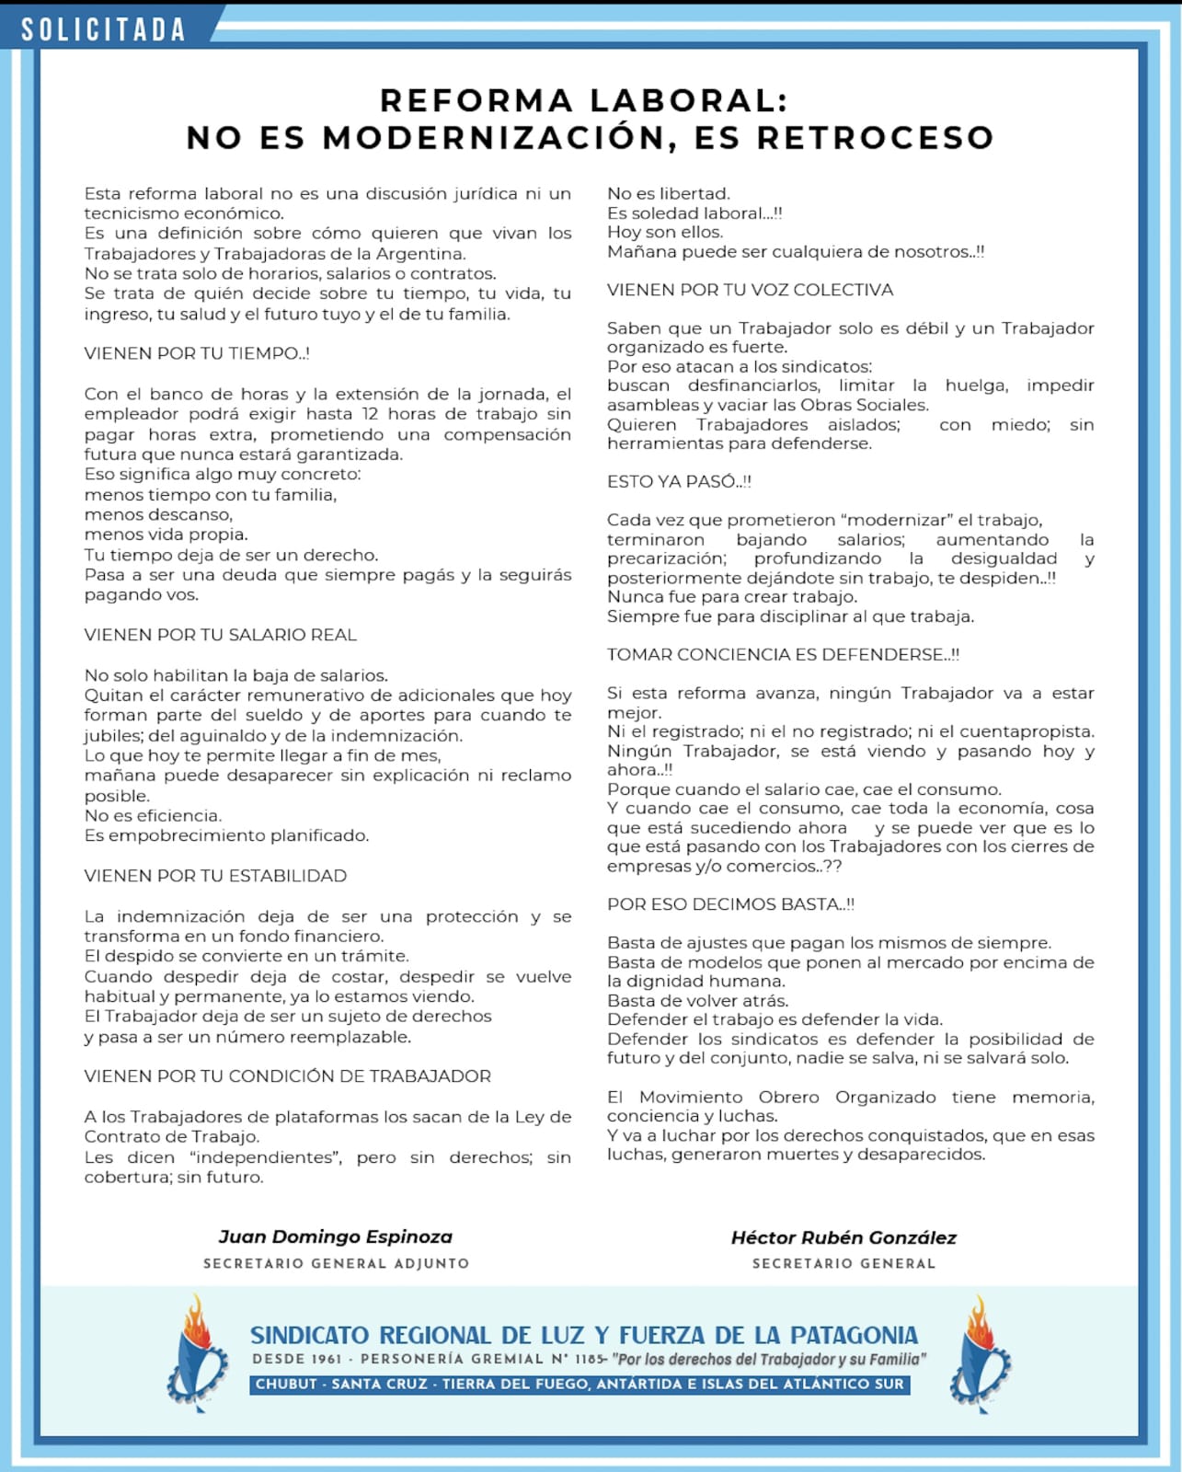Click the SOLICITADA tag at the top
coord(103,29)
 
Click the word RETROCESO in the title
coord(875,138)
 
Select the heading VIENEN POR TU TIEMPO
coord(197,353)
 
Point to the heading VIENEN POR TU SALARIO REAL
coord(220,635)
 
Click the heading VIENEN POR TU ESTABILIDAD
coord(215,876)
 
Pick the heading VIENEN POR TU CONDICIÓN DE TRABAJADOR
coord(287,1076)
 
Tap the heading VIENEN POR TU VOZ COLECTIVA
coord(750,290)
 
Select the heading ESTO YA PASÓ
coord(679,481)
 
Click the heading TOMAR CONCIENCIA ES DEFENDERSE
coord(783,654)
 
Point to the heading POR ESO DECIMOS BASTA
coord(730,904)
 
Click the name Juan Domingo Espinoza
coord(336,1236)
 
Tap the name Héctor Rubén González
coord(843,1237)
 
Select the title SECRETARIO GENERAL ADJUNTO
coord(336,1263)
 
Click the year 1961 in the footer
coord(326,1359)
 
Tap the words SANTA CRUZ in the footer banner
coord(381,1384)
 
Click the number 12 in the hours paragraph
coord(370,414)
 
